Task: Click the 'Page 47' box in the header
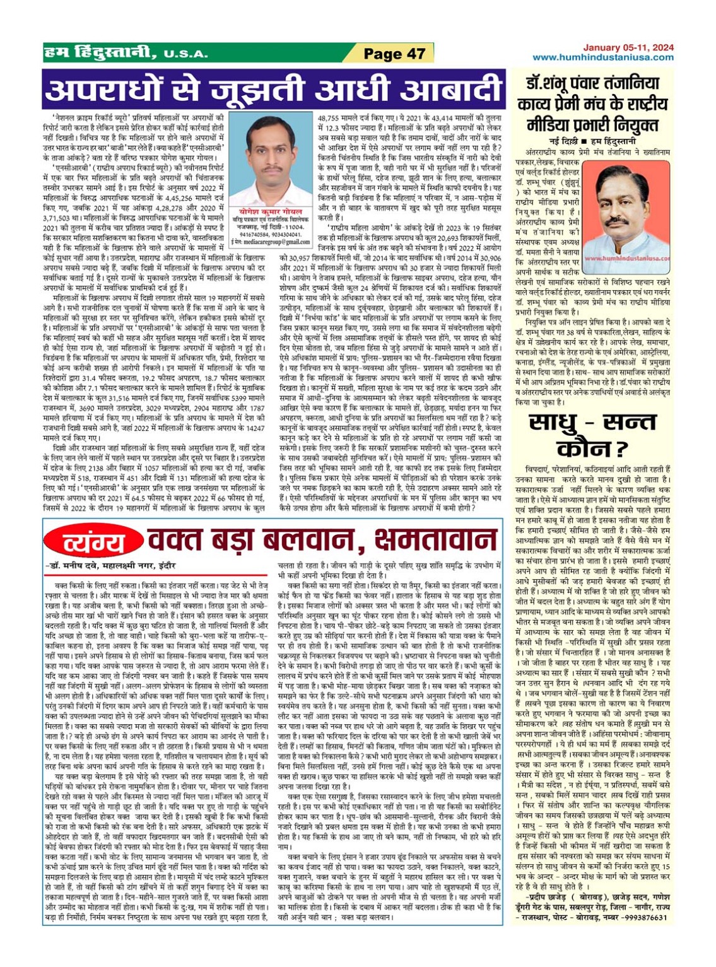394,54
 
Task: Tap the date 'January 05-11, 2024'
628,47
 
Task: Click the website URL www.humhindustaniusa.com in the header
602,57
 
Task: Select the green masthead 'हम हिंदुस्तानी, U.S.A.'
126,54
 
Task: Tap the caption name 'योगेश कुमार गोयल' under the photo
271,212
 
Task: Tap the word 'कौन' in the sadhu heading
584,448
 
